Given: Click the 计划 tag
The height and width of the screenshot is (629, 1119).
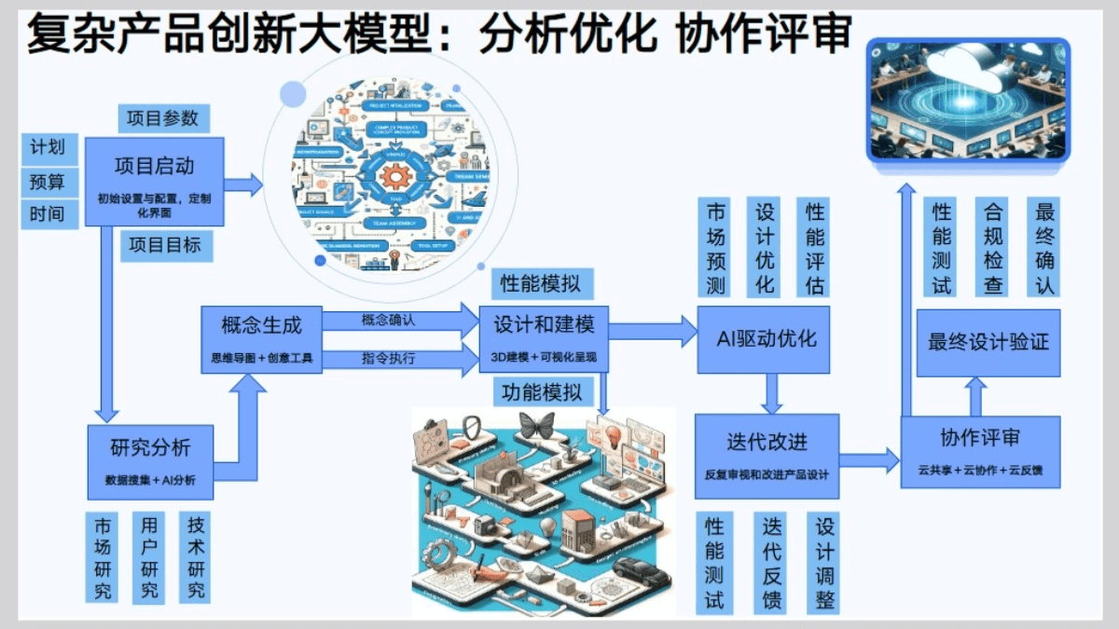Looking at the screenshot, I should pos(48,147).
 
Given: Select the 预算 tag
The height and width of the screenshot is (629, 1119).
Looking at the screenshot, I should pos(48,181).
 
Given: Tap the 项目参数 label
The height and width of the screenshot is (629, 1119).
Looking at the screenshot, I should pos(163,118).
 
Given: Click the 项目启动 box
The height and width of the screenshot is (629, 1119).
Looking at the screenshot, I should pos(155,181).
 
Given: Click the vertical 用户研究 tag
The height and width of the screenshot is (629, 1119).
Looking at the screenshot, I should pos(149,556).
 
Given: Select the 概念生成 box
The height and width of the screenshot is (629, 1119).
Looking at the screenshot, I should pos(261,339).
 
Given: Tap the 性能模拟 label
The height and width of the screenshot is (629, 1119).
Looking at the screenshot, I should pos(540,282).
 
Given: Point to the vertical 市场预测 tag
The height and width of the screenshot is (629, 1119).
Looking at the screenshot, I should pos(715,248).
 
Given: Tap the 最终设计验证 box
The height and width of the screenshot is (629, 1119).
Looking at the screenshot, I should pos(988,342).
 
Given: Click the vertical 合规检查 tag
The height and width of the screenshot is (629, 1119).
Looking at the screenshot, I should pos(993,247).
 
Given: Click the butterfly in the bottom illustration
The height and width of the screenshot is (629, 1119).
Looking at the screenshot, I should pos(538,427).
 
